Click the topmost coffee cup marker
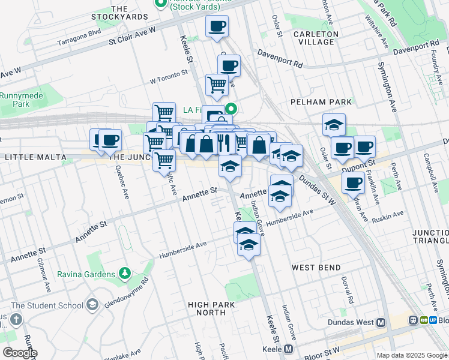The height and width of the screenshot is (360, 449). (x=217, y=26)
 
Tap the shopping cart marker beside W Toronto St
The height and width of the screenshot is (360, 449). (x=217, y=85)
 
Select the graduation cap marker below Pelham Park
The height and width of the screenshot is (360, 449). (x=334, y=125)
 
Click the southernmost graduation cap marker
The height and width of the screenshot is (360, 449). (x=249, y=245)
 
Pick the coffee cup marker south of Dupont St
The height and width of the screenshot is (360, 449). (x=354, y=182)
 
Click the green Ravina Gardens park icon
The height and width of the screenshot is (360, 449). (x=125, y=274)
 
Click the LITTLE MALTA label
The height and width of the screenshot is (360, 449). (x=35, y=157)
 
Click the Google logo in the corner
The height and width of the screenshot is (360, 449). (x=20, y=352)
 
